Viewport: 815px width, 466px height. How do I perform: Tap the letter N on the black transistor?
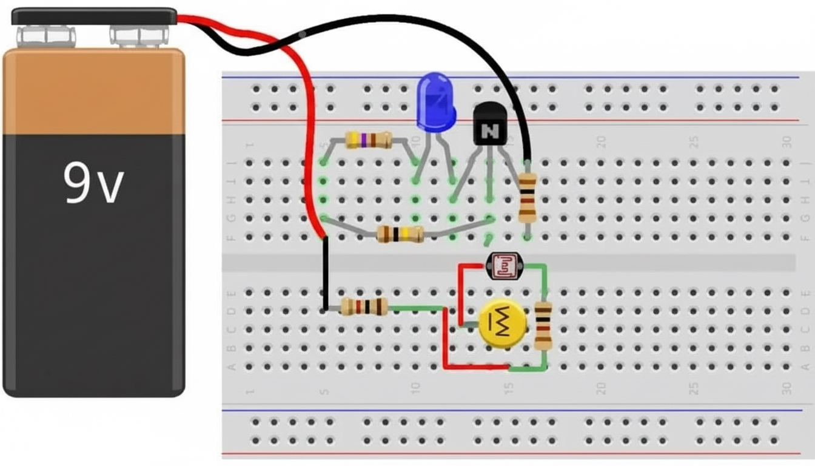click(489, 130)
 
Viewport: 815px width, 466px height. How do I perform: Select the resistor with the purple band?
click(368, 140)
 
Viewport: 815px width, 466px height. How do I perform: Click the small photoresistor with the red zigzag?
click(503, 265)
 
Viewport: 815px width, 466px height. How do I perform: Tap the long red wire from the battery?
click(308, 121)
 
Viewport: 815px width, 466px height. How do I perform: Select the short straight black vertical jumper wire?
click(326, 273)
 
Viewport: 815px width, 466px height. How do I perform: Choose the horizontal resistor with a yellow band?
click(400, 234)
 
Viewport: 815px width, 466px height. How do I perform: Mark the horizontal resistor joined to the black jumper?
click(364, 306)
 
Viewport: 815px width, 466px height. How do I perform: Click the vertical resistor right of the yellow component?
click(543, 326)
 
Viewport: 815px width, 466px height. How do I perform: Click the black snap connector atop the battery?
click(94, 16)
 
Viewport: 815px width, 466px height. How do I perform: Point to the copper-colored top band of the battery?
click(93, 91)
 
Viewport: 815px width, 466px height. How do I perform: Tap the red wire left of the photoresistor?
click(460, 294)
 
